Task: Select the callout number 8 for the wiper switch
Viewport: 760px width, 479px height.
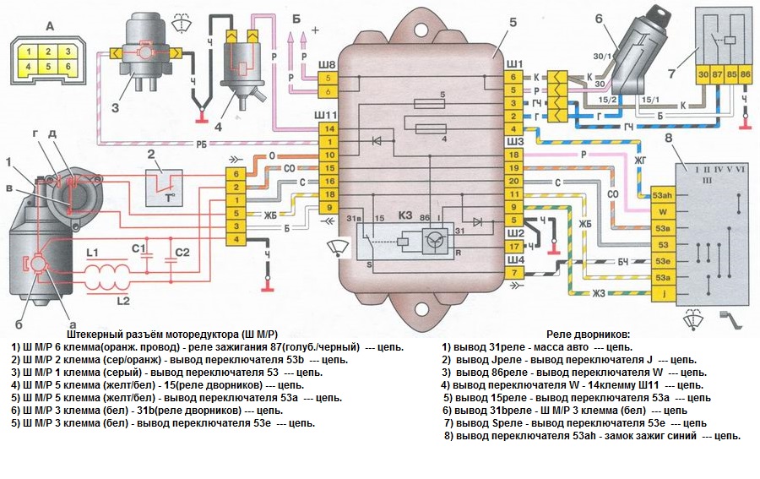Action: (x=669, y=139)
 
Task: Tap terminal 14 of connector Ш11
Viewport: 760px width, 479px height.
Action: (x=329, y=128)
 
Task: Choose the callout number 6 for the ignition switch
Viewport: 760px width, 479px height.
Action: (x=599, y=19)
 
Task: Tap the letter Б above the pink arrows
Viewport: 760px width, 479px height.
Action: (x=296, y=17)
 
